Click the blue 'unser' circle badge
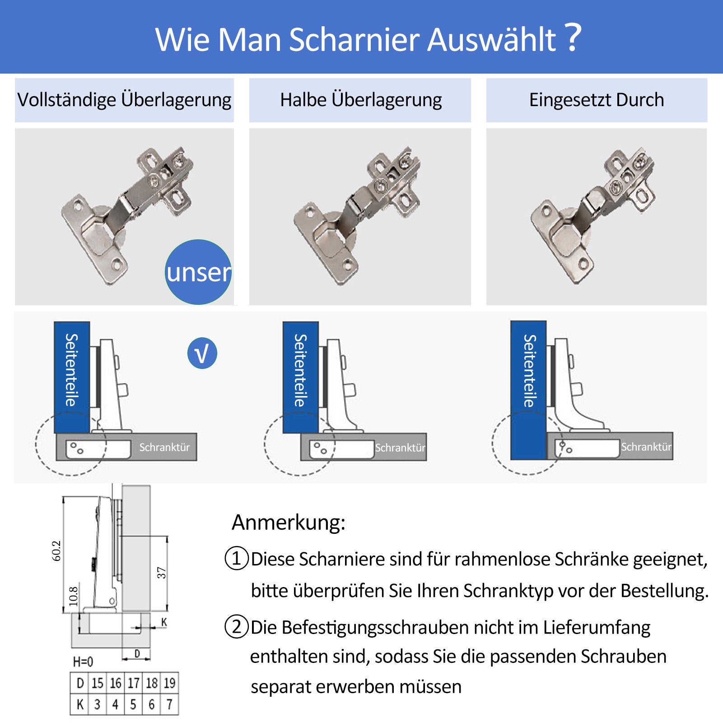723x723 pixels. [x=198, y=272]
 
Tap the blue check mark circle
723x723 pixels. [x=202, y=353]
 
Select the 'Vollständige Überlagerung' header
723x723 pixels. [x=124, y=100]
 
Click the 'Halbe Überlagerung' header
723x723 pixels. [x=360, y=100]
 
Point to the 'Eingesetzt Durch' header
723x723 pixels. [x=597, y=100]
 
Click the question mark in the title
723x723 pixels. [x=573, y=37]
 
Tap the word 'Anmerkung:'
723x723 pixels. [x=289, y=522]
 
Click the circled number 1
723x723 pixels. [x=237, y=558]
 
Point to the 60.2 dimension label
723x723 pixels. [x=56, y=551]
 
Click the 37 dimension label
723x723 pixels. [x=161, y=573]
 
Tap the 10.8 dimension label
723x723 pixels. [x=73, y=596]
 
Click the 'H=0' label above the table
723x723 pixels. [x=83, y=662]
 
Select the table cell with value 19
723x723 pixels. [x=169, y=683]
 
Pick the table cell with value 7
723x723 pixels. [x=169, y=704]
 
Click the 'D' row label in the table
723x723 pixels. [x=80, y=683]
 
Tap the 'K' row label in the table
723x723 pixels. [x=80, y=704]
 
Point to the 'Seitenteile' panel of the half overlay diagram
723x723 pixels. [x=301, y=378]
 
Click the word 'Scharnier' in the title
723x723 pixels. [x=355, y=39]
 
